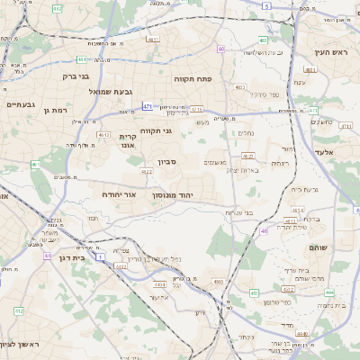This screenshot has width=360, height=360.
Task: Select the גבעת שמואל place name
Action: click(x=85, y=92)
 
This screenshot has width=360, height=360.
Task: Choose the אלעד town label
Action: click(x=326, y=153)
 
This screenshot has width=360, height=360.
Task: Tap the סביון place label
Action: click(x=168, y=162)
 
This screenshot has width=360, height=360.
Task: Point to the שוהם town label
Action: click(x=319, y=247)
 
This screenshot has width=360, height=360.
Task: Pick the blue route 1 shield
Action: click(x=100, y=257)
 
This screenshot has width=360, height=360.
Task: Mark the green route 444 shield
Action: click(x=329, y=292)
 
